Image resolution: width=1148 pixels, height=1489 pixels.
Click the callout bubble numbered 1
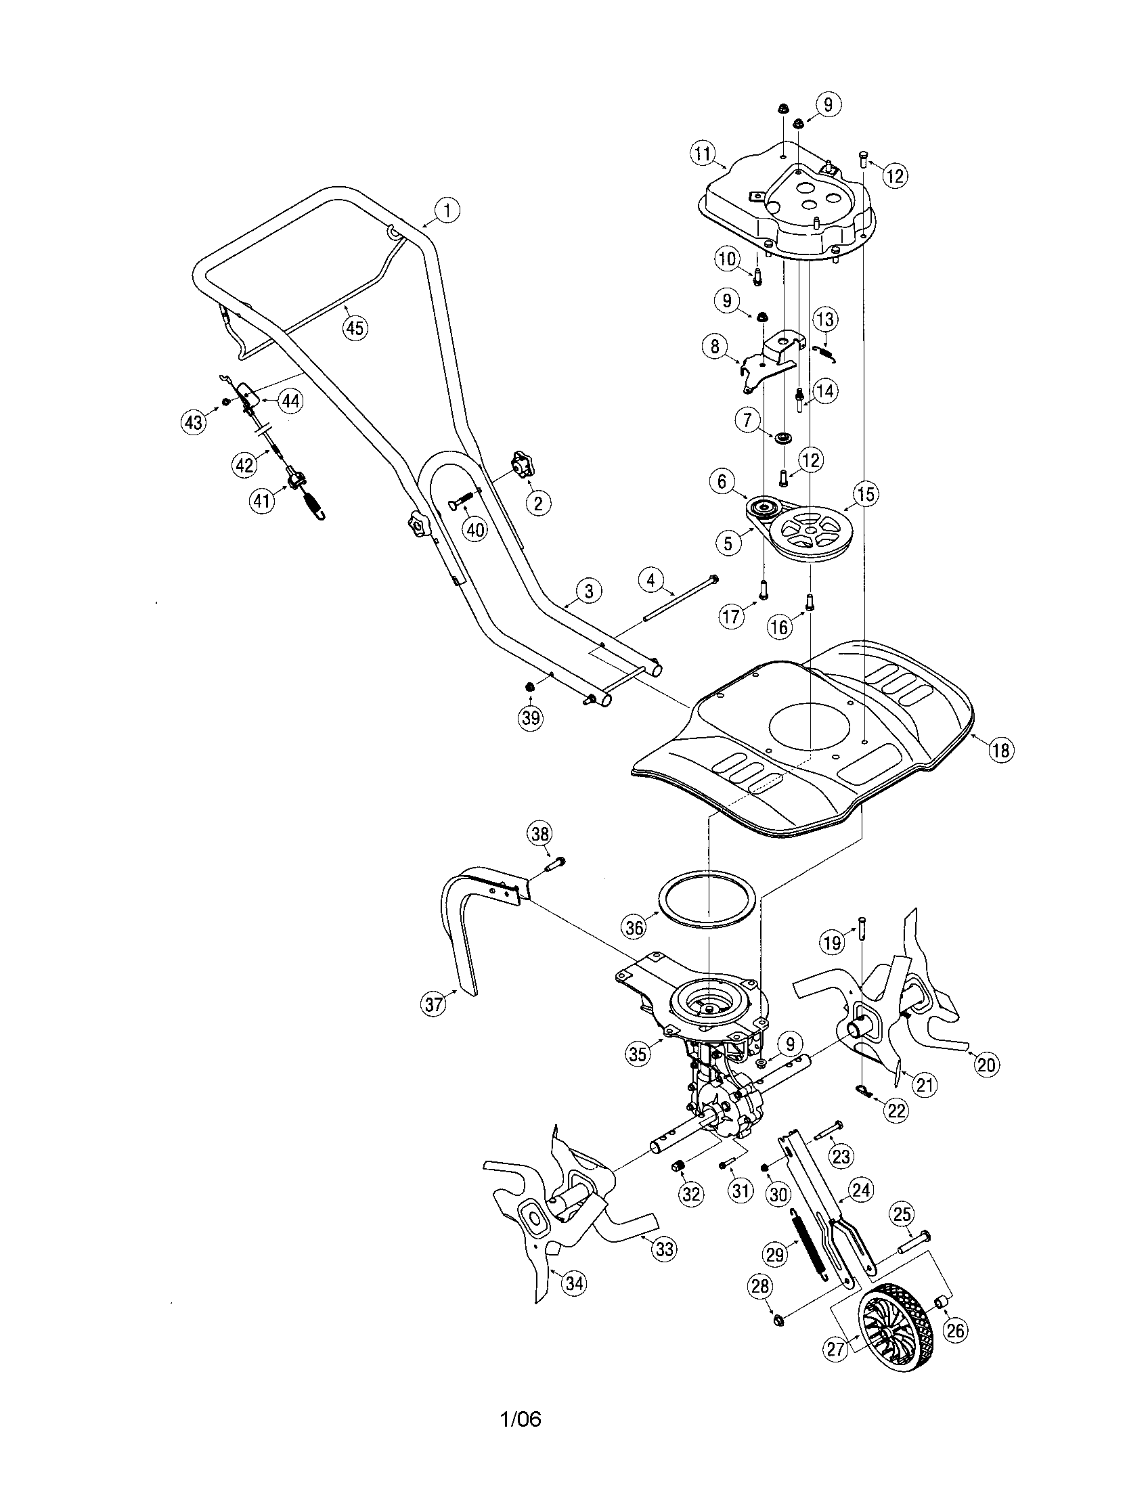(x=447, y=210)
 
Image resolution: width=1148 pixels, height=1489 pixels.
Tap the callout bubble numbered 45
(x=354, y=328)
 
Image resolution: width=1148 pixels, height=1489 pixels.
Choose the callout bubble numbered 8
(x=715, y=347)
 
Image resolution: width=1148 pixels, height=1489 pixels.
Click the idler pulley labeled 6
(x=761, y=508)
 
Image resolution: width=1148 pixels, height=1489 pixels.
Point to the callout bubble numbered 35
(x=638, y=1053)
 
